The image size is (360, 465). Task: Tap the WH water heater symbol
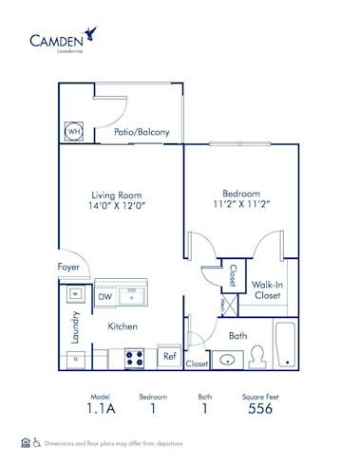pos(74,131)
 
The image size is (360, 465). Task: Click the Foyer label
pos(68,268)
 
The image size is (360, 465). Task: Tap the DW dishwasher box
pos(105,296)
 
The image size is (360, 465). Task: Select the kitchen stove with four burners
pos(133,358)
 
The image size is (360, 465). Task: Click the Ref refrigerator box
pos(169,357)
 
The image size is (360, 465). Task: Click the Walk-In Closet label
pos(265,289)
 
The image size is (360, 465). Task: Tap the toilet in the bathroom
pos(256,357)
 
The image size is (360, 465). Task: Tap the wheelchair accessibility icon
pos(37,442)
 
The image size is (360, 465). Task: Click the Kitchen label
pos(123,325)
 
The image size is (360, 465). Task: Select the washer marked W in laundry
pos(73,295)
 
